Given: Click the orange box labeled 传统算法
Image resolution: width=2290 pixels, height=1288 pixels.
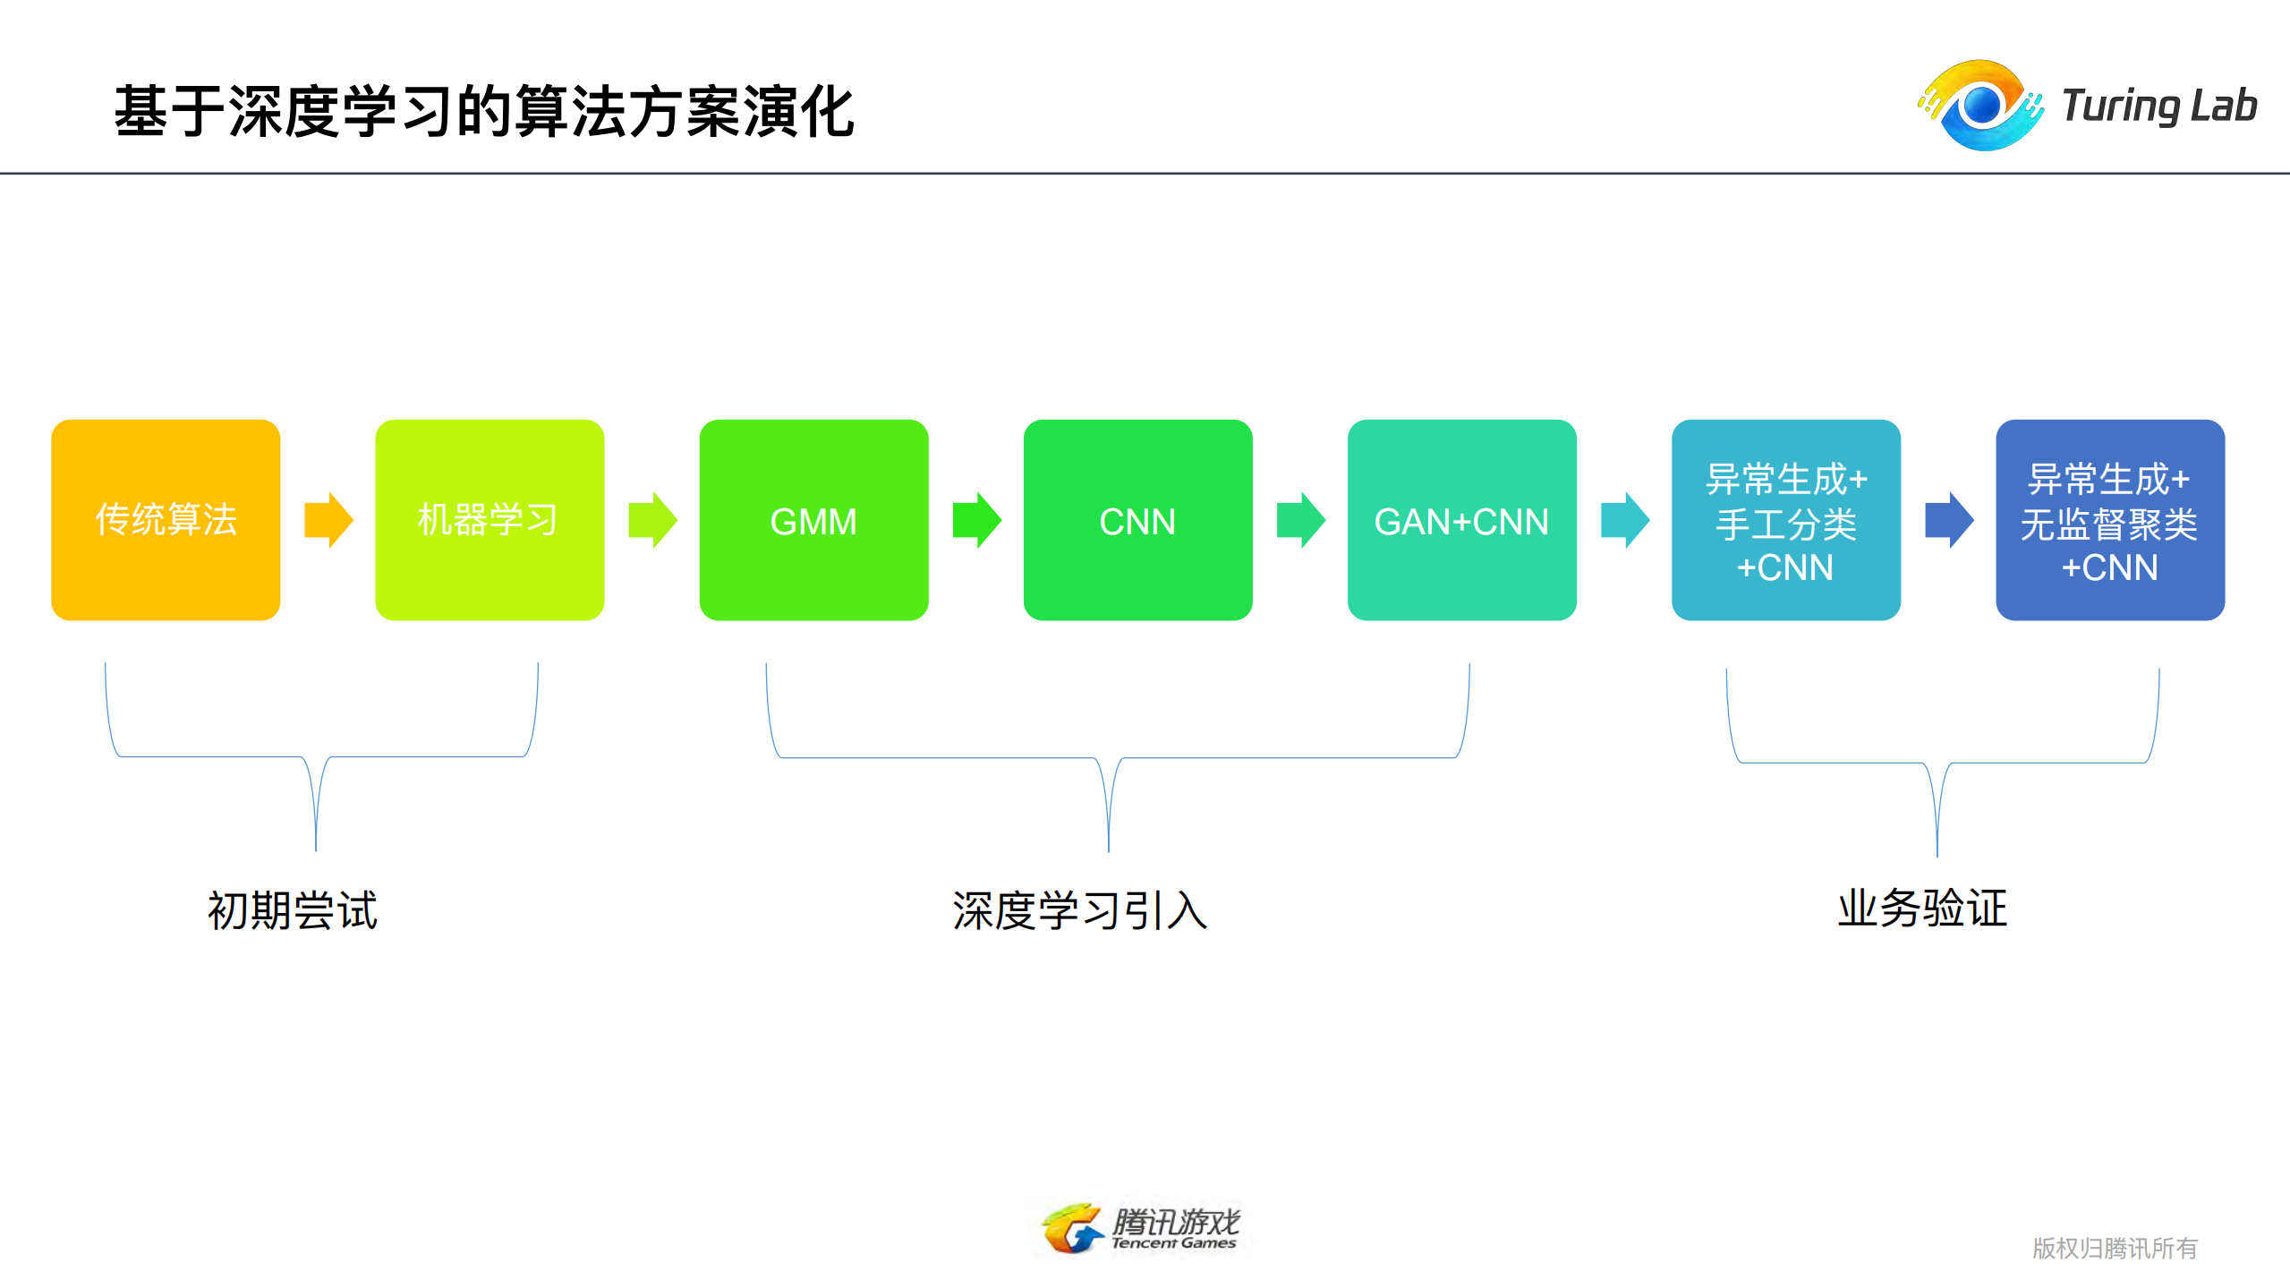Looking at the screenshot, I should tap(166, 519).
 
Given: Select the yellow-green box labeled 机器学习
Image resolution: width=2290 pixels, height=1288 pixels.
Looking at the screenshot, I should tap(489, 519).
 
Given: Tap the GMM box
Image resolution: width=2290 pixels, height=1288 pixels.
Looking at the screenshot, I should tap(813, 519).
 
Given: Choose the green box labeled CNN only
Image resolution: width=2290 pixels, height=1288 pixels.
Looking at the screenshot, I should tap(1137, 519).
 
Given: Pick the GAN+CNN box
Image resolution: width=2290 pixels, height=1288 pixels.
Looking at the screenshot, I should tap(1461, 519).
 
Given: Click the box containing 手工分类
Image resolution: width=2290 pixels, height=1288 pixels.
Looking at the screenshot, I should tap(1785, 519).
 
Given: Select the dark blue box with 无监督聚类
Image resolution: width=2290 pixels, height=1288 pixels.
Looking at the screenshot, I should tap(2109, 519).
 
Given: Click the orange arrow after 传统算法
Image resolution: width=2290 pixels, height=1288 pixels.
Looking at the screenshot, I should tap(328, 519).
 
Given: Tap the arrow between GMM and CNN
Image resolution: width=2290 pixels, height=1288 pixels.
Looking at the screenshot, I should tap(976, 519).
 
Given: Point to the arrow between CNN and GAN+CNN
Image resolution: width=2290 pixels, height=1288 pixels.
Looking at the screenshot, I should tap(1300, 519).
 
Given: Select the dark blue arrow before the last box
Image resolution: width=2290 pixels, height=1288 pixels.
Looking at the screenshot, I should tap(1948, 519).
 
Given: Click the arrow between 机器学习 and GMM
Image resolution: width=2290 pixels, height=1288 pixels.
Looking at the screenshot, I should tap(652, 519).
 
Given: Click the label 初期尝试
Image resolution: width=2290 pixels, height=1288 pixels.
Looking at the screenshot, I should tap(293, 910).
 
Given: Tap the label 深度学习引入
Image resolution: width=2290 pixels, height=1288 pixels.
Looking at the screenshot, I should tap(1080, 910).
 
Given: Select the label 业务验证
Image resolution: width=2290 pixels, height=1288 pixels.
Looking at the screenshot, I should tap(1922, 908).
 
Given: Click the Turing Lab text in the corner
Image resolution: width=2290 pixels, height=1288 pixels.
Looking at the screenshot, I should tap(2158, 106).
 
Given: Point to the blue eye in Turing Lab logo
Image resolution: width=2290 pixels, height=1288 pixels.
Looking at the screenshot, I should tap(1982, 106).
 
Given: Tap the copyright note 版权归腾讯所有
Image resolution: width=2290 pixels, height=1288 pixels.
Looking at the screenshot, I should tap(2114, 1248).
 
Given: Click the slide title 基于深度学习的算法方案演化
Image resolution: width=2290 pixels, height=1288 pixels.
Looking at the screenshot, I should tap(484, 112).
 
